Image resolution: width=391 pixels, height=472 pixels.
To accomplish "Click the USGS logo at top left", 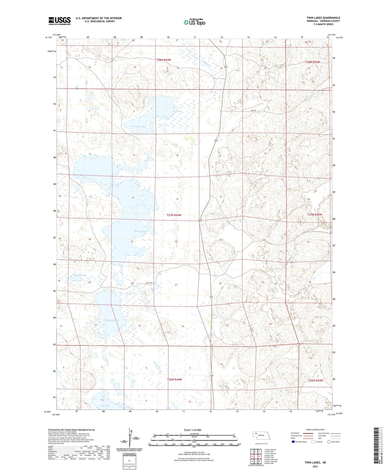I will (60, 21).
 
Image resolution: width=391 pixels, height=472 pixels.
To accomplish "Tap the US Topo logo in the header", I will (194, 22).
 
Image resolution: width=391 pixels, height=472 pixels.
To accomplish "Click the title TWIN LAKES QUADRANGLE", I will (323, 18).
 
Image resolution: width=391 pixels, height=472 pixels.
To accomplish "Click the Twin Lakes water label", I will (140, 231).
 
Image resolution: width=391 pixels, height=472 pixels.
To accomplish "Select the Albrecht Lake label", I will (80, 275).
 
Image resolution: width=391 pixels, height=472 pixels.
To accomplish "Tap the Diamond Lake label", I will (111, 320).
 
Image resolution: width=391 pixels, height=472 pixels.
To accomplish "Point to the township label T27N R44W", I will (174, 215).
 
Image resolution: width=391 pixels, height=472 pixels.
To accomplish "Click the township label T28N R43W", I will (313, 62).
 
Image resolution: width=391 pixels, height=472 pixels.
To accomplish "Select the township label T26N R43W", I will (316, 380).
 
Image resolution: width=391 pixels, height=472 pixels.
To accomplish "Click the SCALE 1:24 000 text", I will (192, 430).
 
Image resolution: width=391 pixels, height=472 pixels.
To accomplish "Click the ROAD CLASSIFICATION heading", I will (315, 430).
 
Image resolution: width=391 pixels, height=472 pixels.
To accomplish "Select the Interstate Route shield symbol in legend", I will (293, 442).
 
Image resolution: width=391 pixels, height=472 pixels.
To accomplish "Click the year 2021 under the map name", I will (315, 467).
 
